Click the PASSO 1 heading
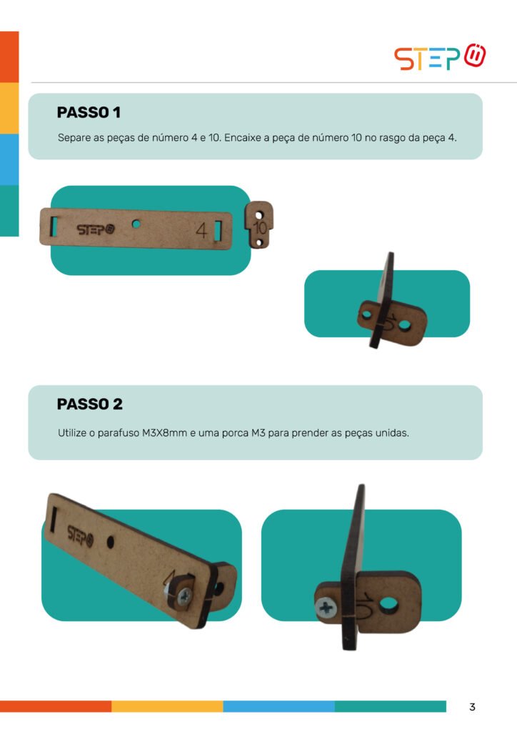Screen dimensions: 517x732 (89, 112)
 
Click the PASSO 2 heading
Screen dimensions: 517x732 (89, 404)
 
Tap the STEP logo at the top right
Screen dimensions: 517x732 (440, 57)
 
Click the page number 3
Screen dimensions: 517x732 (472, 707)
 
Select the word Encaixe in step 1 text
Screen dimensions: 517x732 (242, 138)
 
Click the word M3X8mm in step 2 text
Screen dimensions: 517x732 (164, 432)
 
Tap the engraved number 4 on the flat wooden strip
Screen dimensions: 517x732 (201, 230)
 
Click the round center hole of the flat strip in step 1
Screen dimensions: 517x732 (136, 224)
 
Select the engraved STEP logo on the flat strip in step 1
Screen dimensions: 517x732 (96, 229)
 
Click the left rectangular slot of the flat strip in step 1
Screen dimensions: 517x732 (54, 227)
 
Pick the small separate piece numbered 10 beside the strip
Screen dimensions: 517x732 (259, 224)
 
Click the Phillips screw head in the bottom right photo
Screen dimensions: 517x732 (326, 608)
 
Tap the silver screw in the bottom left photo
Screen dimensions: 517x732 (184, 595)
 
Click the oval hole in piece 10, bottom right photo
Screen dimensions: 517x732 (388, 605)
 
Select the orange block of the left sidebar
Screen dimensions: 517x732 (9, 57)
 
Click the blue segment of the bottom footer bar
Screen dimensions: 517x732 (278, 706)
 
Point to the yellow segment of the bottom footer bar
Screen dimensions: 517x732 (167, 706)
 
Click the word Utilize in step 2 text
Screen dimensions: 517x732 (72, 432)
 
